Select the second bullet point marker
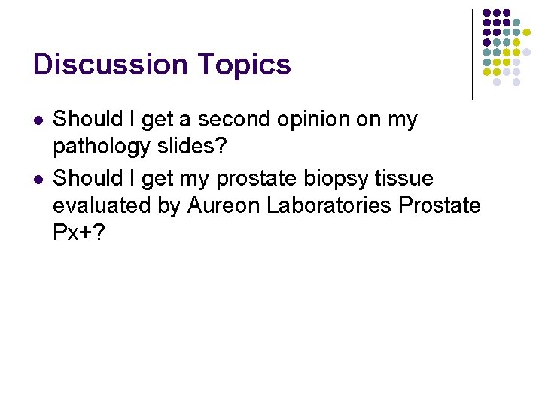pyautogui.click(x=38, y=179)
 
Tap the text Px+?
pyautogui.click(x=79, y=232)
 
